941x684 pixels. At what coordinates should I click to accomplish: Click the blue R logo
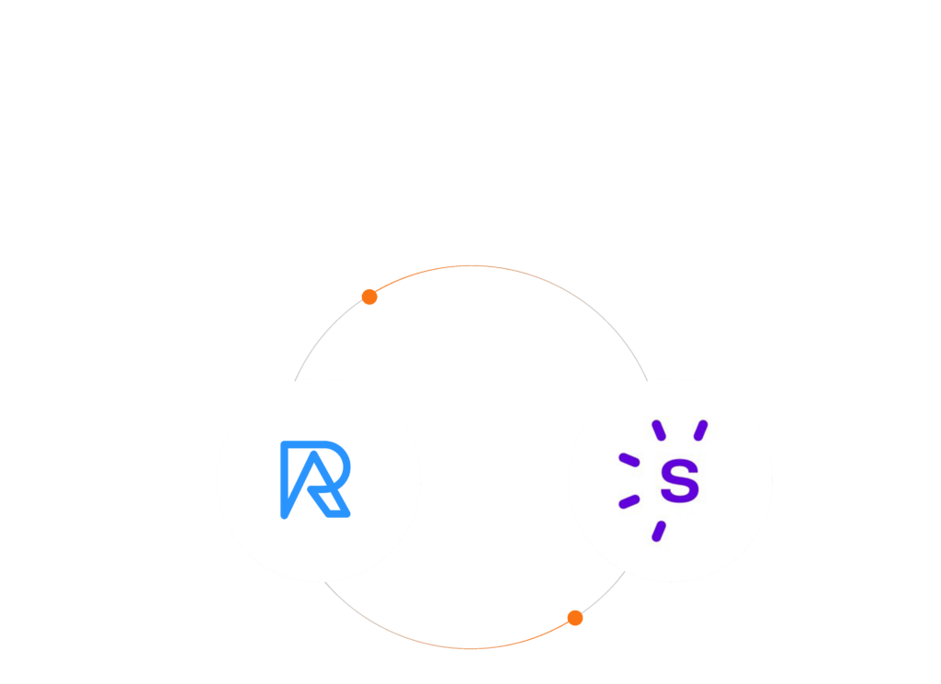tap(314, 479)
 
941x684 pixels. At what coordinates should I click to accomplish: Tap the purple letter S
tap(680, 481)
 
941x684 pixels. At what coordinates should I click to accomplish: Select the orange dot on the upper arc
tap(369, 297)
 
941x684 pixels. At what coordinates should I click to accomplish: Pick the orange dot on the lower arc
tap(575, 618)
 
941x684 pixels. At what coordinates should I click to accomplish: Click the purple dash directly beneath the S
tap(658, 531)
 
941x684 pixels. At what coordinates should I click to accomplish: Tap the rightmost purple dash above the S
tap(701, 430)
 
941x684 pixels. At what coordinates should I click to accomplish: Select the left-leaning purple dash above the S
tap(658, 430)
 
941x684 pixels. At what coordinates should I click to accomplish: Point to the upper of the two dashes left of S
tap(629, 459)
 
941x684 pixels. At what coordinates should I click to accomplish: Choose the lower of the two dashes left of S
tap(629, 502)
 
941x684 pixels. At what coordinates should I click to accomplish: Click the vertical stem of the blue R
tap(285, 482)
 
